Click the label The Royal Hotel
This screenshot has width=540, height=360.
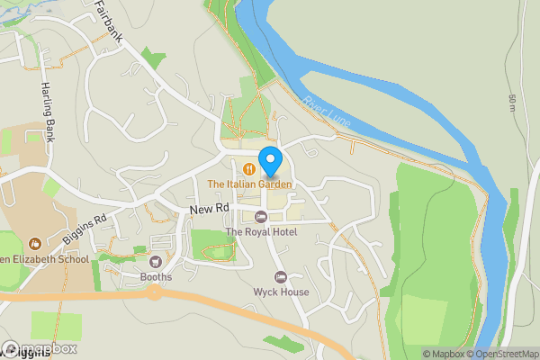click(261, 232)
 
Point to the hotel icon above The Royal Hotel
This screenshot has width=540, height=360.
click(261, 216)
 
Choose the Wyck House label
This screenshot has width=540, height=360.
click(280, 292)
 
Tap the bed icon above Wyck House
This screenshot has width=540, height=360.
click(280, 275)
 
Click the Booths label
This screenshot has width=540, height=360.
click(156, 278)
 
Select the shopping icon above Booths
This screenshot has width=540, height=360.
click(156, 262)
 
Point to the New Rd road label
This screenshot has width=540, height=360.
click(210, 209)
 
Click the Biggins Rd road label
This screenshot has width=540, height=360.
click(85, 229)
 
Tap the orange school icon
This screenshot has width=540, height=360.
click(34, 243)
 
